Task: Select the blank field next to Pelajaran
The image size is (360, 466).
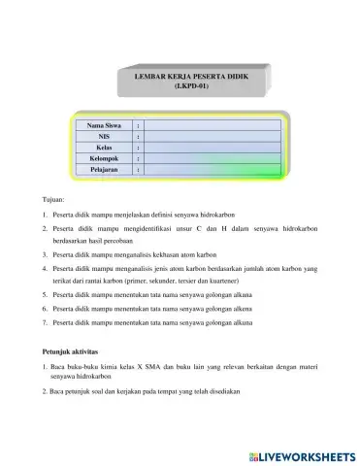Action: tap(213, 169)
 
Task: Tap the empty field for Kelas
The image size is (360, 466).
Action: tap(213, 148)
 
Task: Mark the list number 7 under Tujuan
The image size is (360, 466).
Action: tap(45, 320)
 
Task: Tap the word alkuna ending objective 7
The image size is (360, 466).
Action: tap(239, 320)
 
